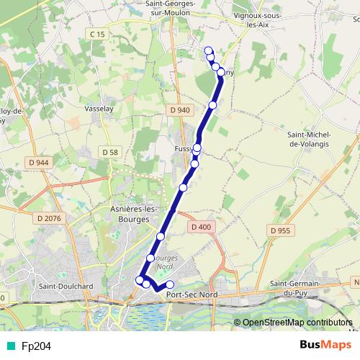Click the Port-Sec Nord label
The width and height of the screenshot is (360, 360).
pos(191,294)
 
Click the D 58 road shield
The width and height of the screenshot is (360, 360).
pos(109,152)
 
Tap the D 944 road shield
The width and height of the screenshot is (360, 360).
pos(41,163)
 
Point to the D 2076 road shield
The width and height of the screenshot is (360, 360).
pos(48,217)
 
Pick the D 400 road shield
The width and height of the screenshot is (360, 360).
pos(202,227)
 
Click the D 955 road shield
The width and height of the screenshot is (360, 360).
pos(281,230)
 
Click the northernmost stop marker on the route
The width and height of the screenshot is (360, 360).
pos(209,50)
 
